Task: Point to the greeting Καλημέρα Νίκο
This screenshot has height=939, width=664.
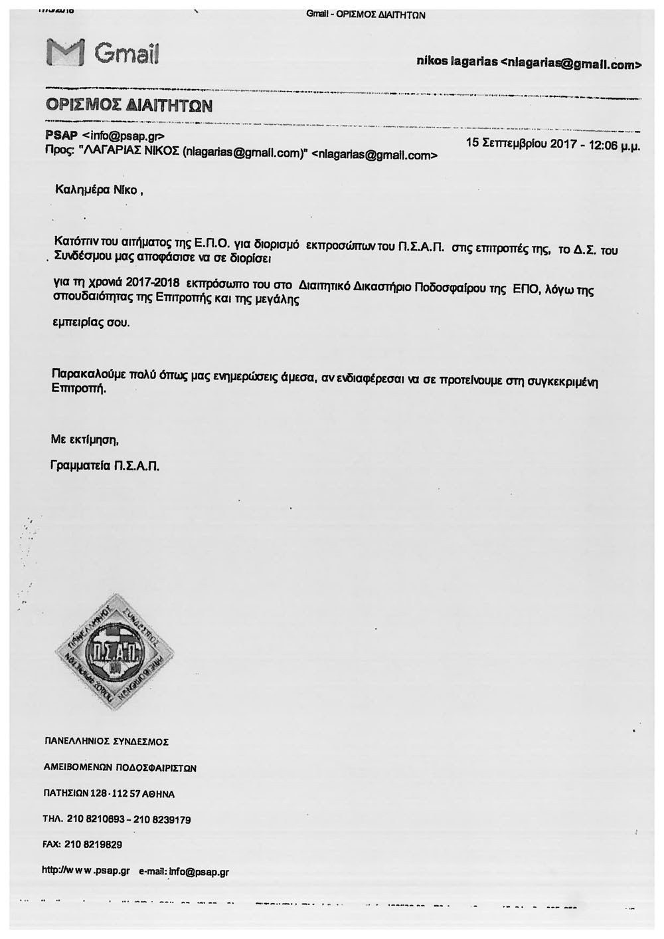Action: [x=96, y=190]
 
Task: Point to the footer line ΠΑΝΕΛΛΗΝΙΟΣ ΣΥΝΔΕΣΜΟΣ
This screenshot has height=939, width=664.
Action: [x=106, y=740]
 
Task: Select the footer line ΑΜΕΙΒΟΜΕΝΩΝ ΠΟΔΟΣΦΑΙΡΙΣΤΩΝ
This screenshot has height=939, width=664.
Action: [x=120, y=768]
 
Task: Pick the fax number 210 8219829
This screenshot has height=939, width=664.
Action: [x=93, y=844]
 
